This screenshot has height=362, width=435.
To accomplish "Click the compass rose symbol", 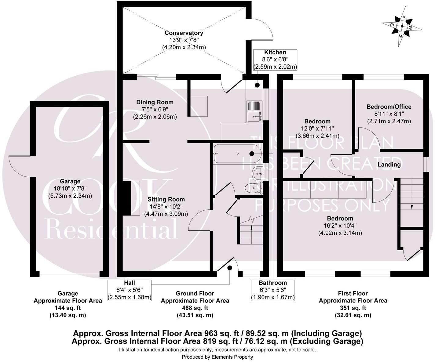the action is point(402,27).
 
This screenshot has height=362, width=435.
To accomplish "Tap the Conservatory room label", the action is point(184,33).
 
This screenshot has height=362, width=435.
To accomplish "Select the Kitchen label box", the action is point(275,60).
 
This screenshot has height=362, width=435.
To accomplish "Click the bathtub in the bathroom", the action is point(237,154).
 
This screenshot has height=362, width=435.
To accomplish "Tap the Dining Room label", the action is point(155,102).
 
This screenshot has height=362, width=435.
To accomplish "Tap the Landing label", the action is point(389,165).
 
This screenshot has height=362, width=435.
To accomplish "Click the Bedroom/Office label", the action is point(389,107).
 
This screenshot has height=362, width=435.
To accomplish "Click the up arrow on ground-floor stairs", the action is point(251,228).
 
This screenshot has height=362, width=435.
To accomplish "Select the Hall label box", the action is point(130,290).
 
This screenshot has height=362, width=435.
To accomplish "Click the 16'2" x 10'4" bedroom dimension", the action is point(340,226).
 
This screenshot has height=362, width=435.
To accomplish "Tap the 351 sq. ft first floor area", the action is point(353,308).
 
